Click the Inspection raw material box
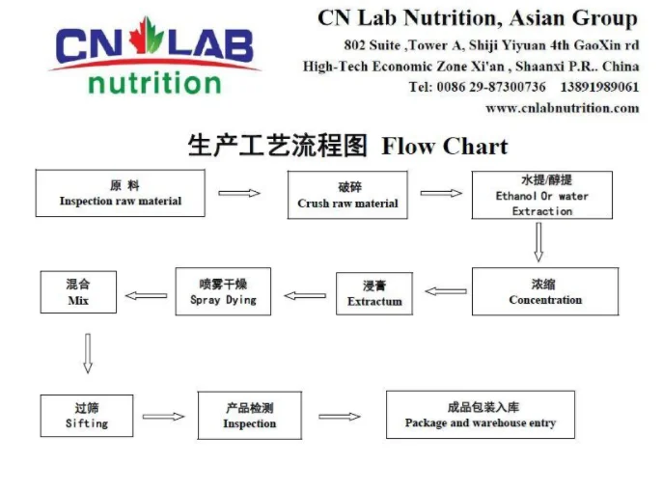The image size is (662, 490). (x=120, y=193)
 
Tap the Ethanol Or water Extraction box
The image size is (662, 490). (x=541, y=196)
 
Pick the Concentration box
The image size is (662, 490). (x=545, y=291)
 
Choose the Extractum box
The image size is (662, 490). (x=374, y=294)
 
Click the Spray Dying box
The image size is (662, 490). (x=223, y=291)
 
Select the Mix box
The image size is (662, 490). (x=78, y=291)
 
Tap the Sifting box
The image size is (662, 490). (x=87, y=415)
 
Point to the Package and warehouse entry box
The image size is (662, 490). (x=480, y=415)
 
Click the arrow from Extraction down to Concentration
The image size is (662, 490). (x=538, y=242)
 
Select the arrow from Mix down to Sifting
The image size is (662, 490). (x=88, y=353)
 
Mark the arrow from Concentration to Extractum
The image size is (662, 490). (x=446, y=290)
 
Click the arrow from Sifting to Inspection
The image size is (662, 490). (x=164, y=416)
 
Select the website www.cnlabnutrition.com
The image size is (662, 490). (x=562, y=108)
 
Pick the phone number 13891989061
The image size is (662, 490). (x=599, y=87)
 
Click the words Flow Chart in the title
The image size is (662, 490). (x=445, y=147)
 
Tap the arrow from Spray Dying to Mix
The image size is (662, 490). (x=146, y=295)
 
